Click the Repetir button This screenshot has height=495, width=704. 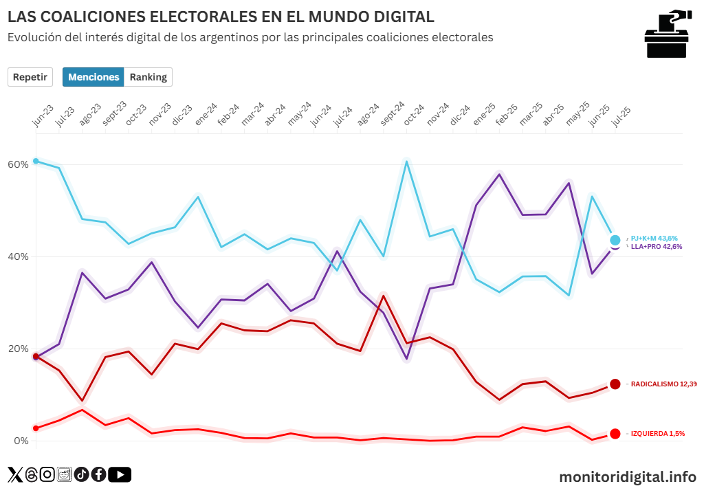coord(30,77)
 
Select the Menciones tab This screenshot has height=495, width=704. coord(93,77)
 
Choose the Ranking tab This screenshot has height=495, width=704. coord(148,77)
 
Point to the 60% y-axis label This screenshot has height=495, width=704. coord(19,164)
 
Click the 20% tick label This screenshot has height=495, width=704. coord(19,349)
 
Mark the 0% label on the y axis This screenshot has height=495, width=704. coord(21,441)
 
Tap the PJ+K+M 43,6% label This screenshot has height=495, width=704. coord(659,239)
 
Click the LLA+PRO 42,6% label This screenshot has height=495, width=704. coord(657,246)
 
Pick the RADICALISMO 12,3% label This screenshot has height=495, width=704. coord(663,384)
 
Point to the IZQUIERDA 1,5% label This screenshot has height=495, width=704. coord(658,434)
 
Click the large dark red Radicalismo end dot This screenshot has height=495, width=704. coord(615,384)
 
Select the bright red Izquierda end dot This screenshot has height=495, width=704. coord(615,434)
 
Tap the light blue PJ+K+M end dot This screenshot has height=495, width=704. coord(615,240)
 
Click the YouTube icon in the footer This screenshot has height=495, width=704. coord(120,474)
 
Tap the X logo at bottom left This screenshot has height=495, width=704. coord(15,474)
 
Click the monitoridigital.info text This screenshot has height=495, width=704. coord(627,476)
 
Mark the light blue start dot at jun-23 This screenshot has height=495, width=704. coord(36,161)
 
